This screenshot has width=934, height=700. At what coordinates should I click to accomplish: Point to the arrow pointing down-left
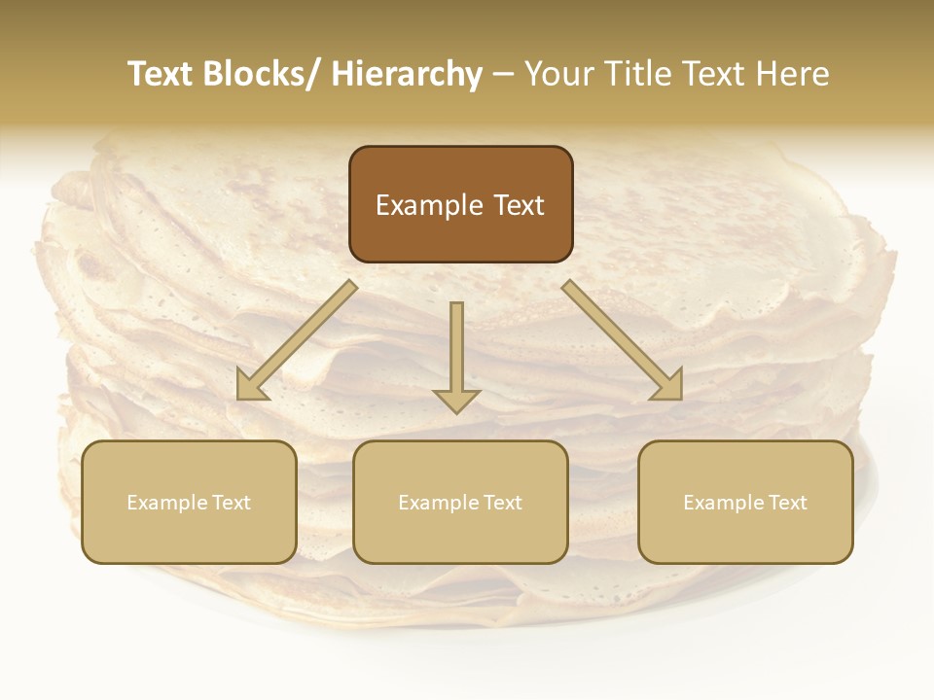click(x=297, y=340)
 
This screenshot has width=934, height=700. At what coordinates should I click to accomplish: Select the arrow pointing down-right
click(x=623, y=340)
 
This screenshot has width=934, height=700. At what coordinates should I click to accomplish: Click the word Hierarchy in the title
click(x=407, y=74)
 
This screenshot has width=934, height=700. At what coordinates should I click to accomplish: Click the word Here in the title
click(x=792, y=74)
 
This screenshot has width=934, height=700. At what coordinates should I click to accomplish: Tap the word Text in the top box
click(x=518, y=205)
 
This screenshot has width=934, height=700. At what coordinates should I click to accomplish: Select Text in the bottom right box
click(x=786, y=503)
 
